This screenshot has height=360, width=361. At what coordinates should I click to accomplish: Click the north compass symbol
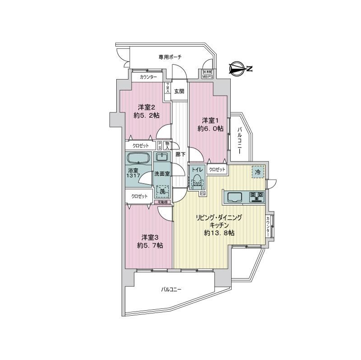239,69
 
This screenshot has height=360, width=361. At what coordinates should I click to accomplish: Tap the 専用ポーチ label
170,57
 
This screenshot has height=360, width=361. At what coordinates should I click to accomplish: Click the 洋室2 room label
147,107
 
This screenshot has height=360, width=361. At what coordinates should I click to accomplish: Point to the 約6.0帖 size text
210,128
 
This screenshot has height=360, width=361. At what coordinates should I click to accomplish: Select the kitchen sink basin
235,197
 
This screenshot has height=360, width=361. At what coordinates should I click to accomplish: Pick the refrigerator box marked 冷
258,172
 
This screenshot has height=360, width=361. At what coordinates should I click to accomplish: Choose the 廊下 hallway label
180,154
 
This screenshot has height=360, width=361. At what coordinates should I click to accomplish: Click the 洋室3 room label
150,237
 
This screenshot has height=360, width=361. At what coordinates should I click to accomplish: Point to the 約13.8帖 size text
218,232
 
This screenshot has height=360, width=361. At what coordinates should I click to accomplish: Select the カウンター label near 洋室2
148,77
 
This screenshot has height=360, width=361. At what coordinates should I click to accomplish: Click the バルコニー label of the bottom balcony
171,289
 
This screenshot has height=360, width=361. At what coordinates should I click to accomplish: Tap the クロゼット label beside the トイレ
217,169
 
